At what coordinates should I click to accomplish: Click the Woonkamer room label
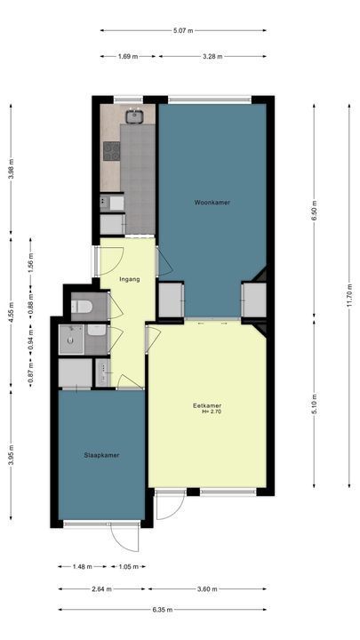[212, 204]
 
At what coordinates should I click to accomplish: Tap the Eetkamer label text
[206, 406]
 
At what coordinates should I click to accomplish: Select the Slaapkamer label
[102, 455]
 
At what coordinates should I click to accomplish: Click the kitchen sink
[137, 116]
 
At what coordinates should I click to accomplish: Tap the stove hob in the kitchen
[112, 151]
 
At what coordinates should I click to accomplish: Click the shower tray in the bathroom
[71, 339]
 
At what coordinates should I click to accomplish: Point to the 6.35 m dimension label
[164, 611]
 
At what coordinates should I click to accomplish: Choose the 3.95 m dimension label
[11, 453]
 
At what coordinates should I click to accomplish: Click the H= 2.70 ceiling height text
[209, 412]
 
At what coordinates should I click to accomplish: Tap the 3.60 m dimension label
[208, 588]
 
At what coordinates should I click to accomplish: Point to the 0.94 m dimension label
[31, 338]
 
